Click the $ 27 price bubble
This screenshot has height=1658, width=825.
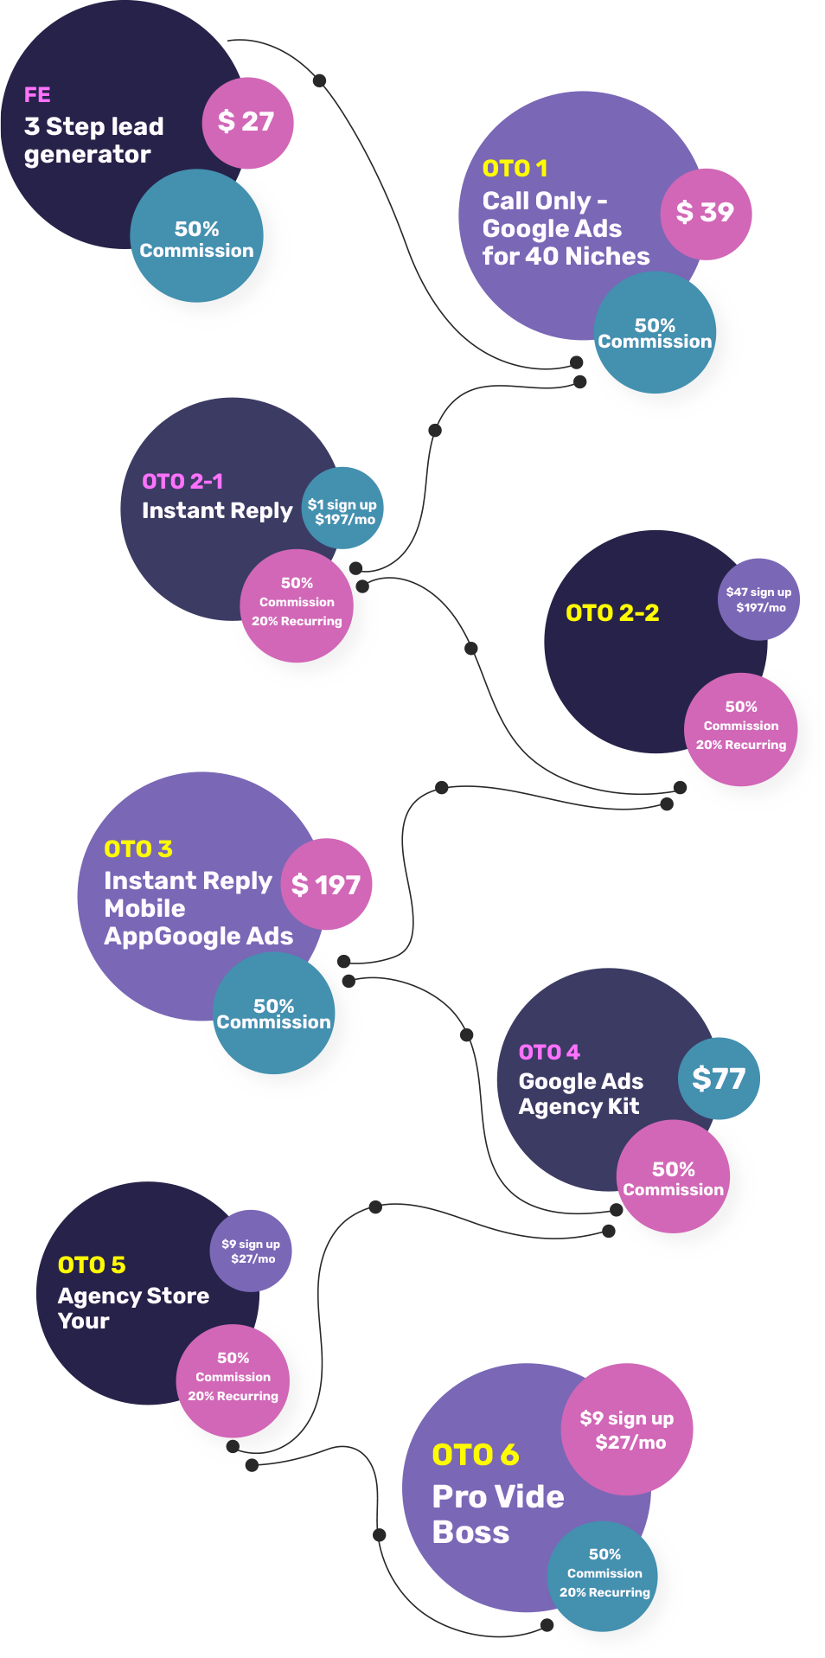click(247, 123)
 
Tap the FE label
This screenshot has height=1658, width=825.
click(37, 94)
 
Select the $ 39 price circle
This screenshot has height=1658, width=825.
click(706, 213)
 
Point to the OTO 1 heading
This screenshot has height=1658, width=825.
click(515, 169)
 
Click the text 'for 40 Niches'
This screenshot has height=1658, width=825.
click(566, 257)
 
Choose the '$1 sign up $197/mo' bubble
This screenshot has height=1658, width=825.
click(342, 511)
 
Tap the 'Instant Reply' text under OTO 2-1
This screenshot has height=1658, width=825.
click(216, 511)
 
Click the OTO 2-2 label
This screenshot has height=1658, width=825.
click(612, 613)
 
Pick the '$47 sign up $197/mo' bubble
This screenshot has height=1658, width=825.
click(758, 599)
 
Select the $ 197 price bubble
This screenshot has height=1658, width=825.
click(326, 885)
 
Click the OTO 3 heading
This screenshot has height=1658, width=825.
click(138, 849)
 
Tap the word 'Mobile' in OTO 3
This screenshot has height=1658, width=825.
click(144, 909)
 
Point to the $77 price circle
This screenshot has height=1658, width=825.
click(719, 1079)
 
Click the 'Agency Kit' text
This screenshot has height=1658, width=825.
click(579, 1107)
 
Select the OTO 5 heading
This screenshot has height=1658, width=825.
click(92, 1265)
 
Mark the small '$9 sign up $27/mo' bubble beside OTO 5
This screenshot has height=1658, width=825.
click(251, 1251)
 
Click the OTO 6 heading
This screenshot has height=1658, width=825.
click(476, 1455)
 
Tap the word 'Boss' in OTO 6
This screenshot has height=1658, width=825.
click(470, 1533)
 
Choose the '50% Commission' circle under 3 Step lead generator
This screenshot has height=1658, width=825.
click(196, 238)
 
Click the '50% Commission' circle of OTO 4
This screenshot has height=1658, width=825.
click(673, 1178)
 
